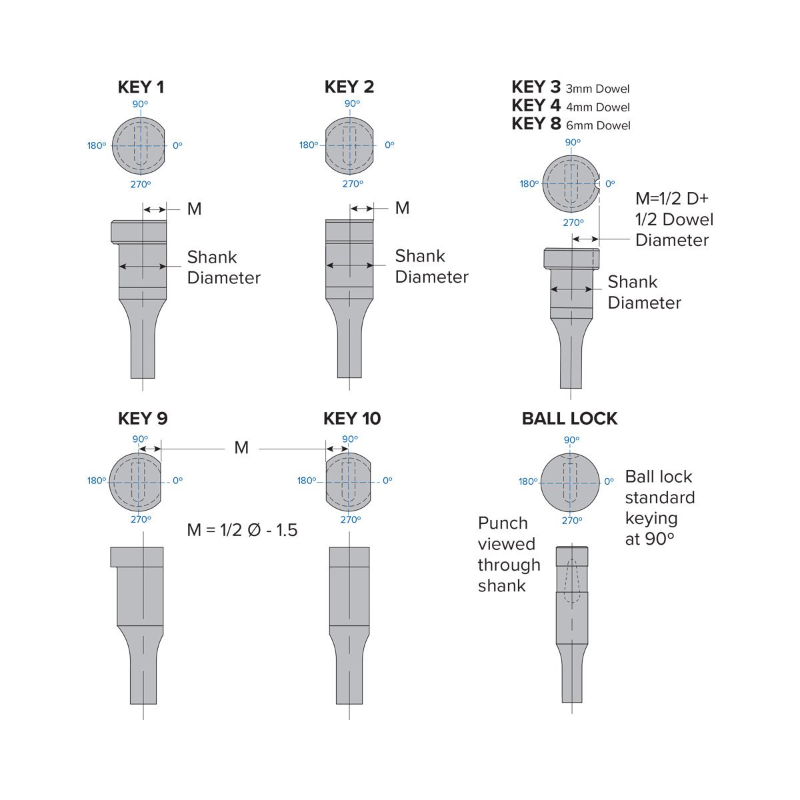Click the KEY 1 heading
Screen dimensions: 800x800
point(141,87)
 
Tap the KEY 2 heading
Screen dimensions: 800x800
point(349,87)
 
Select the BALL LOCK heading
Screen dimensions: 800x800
point(569,419)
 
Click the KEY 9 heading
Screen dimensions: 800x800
point(143,419)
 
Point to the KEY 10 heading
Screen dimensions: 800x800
point(352,419)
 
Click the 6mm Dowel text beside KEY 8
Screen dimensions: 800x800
point(598,125)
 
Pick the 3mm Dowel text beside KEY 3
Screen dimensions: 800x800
point(598,89)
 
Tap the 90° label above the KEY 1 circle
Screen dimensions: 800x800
point(140,104)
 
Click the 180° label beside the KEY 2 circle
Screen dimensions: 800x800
point(309,145)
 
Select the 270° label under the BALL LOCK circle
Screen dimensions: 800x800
point(572,521)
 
